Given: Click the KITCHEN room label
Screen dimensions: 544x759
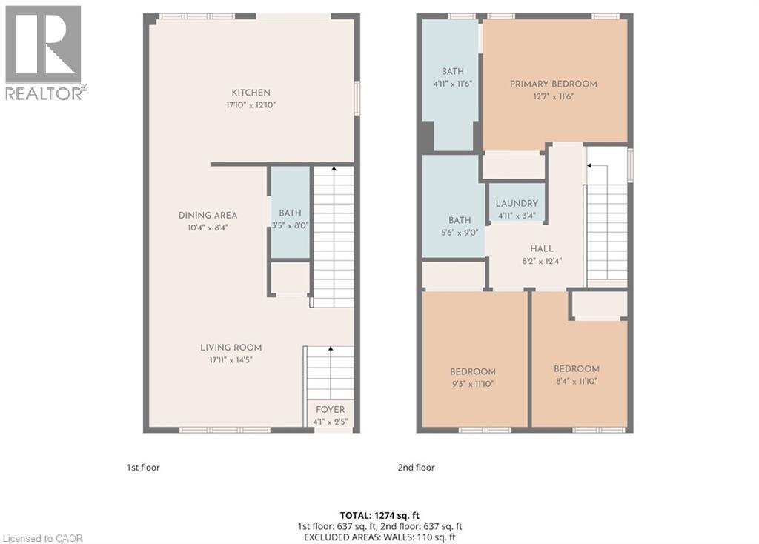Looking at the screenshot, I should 251,93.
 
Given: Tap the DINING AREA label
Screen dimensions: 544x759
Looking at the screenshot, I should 208,216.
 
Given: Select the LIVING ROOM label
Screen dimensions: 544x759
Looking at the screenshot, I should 231,348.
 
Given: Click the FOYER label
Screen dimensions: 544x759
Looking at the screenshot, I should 330,410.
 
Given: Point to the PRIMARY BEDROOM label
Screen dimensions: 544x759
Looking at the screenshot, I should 553,84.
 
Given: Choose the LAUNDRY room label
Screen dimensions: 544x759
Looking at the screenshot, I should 517,204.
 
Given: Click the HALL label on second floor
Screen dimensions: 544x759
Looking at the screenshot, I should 541,249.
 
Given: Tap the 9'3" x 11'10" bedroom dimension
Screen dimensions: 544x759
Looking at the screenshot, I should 472,384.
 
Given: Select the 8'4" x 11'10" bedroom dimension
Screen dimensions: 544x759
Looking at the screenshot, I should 576,381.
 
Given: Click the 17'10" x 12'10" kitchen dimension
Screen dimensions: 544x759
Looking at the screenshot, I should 251,105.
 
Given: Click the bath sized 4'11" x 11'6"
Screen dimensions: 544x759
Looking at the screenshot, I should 452,78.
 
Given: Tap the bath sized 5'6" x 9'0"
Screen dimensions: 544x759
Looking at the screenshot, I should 459,226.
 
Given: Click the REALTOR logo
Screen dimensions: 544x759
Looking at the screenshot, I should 44,52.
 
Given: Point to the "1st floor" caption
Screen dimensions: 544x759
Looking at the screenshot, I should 142,468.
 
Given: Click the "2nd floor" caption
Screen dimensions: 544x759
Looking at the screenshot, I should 416,468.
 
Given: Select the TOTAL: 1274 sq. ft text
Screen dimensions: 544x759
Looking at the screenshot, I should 379,514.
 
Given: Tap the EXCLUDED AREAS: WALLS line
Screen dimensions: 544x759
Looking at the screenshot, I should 379,537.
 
